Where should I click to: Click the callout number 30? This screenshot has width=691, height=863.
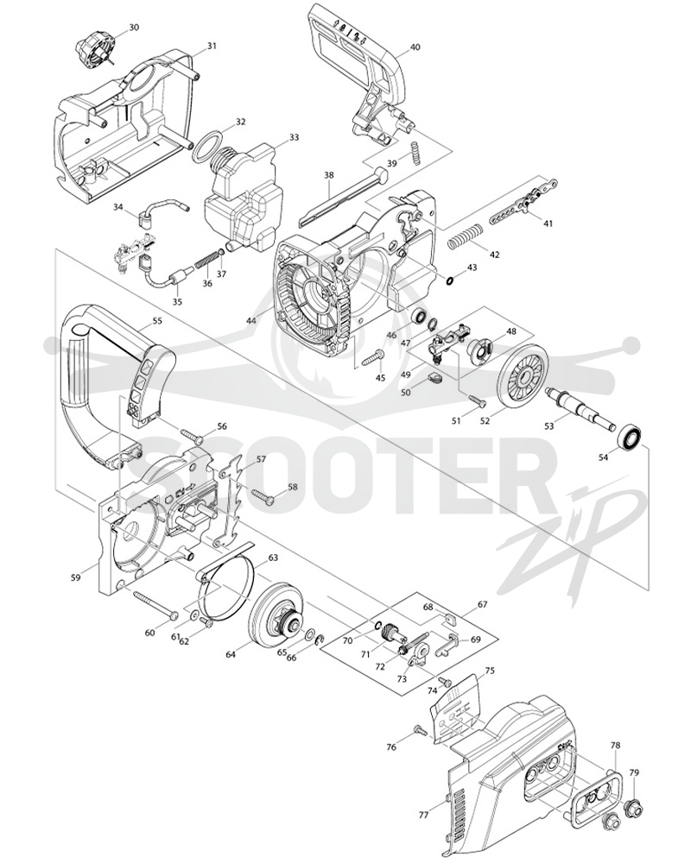pyautogui.click(x=134, y=27)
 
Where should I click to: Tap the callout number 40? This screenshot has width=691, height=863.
pyautogui.click(x=415, y=47)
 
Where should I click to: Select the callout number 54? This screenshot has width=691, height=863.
pyautogui.click(x=604, y=457)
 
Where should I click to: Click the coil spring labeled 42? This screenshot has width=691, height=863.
pyautogui.click(x=465, y=236)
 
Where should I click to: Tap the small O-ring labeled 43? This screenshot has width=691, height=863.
pyautogui.click(x=450, y=280)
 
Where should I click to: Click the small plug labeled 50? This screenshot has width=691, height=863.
pyautogui.click(x=434, y=378)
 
